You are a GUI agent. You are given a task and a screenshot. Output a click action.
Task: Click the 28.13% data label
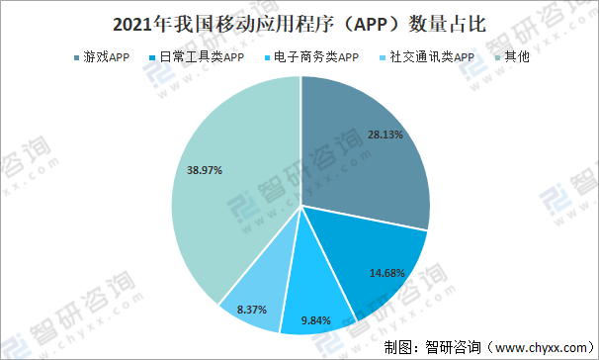(385, 135)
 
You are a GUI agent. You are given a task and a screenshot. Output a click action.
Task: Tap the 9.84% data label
(316, 318)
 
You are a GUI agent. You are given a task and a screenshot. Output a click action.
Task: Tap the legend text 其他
(517, 58)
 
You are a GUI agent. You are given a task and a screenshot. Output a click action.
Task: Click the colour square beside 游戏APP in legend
(77, 58)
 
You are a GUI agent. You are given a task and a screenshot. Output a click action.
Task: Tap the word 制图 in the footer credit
(400, 347)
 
